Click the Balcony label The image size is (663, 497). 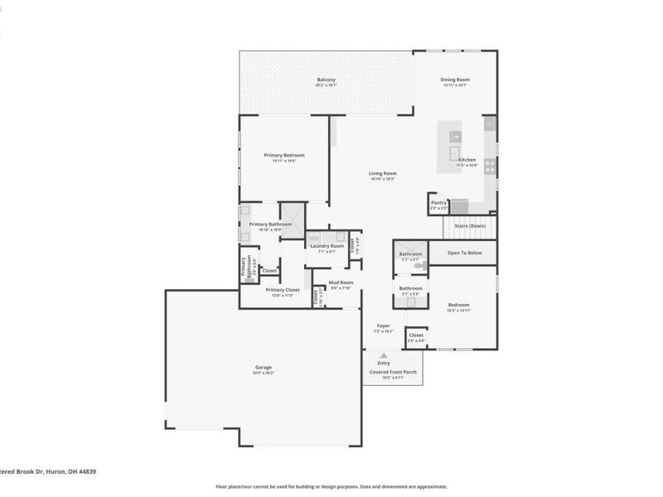(x=326, y=81)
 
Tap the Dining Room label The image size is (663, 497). (x=455, y=80)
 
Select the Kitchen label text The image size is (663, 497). (x=467, y=160)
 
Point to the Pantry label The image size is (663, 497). (x=439, y=202)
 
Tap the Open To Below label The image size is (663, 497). (x=464, y=253)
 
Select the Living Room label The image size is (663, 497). (x=383, y=173)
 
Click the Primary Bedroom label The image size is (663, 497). (x=284, y=156)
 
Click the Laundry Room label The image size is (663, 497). (x=328, y=246)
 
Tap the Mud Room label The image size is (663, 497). (x=341, y=282)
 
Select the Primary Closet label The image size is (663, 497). (x=283, y=290)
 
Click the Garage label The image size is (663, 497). (x=263, y=367)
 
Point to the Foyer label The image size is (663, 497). (x=383, y=326)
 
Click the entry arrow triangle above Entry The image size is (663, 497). (x=384, y=355)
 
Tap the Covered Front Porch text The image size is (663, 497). (x=393, y=372)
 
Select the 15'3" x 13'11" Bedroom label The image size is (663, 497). (x=458, y=305)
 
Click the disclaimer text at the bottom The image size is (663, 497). (x=331, y=487)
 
